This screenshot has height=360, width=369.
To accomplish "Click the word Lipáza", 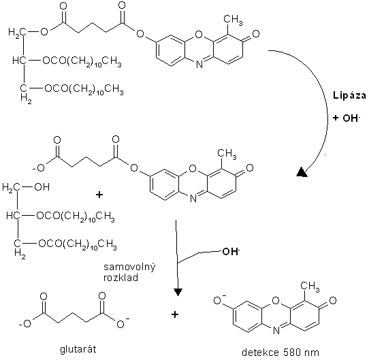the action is pos(350,96).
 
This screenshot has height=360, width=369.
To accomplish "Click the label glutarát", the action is pos(78,349).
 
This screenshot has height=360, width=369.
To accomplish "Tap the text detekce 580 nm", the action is pos(280,353).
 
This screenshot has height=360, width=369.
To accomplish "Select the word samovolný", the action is pos(129,267).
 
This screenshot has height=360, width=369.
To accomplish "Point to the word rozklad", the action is pos(121,278).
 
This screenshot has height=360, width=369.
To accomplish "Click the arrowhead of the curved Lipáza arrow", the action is pos(302,172).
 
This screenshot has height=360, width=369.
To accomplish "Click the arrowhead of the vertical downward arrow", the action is pos(178,292).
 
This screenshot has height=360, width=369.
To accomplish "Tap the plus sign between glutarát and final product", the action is pos(175,314).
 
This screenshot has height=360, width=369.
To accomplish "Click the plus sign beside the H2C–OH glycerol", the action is pos(99,195).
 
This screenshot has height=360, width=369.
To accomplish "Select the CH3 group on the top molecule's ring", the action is pos(233,20).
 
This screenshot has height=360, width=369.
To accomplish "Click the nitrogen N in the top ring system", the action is pos(199,64).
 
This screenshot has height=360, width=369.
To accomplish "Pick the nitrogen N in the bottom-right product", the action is pos(276,331).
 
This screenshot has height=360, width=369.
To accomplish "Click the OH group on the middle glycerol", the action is pos(42,187).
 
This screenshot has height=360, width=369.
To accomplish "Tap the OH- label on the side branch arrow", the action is pos(231,252).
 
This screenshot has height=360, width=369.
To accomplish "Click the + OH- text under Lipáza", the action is pos(346,118).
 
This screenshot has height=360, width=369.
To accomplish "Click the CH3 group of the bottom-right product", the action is pos(310,287).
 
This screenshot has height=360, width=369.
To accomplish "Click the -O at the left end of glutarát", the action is pos(25,324).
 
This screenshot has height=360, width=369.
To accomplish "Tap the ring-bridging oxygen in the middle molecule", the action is pos(193,169).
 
